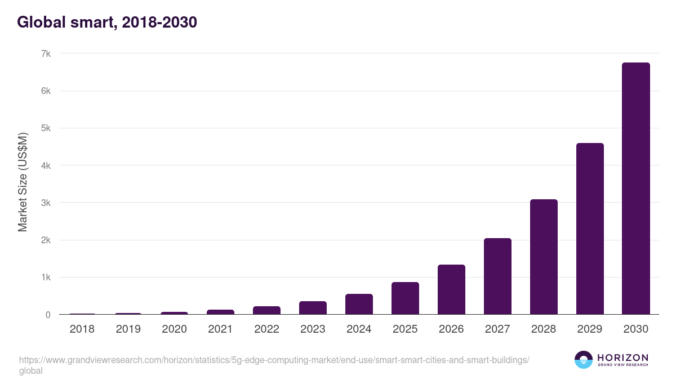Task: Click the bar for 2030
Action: click(x=635, y=189)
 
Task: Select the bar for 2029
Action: click(x=590, y=229)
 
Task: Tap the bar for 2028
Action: click(x=544, y=257)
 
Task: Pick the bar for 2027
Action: click(x=497, y=276)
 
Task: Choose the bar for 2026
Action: click(x=451, y=289)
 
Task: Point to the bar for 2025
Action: click(x=405, y=298)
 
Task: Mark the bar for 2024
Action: click(x=359, y=304)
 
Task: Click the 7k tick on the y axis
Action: click(x=46, y=54)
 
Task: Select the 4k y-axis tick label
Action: click(x=46, y=166)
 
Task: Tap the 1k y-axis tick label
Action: click(x=46, y=278)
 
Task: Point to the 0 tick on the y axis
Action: click(x=48, y=315)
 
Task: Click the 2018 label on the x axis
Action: click(x=82, y=329)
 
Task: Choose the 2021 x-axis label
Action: click(x=220, y=329)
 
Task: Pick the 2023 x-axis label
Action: click(x=313, y=329)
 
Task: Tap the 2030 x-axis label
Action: click(x=635, y=329)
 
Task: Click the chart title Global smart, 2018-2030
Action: click(x=107, y=23)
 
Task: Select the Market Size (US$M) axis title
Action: click(x=23, y=182)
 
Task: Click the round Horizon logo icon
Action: click(x=583, y=360)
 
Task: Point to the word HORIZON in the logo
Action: click(x=622, y=357)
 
